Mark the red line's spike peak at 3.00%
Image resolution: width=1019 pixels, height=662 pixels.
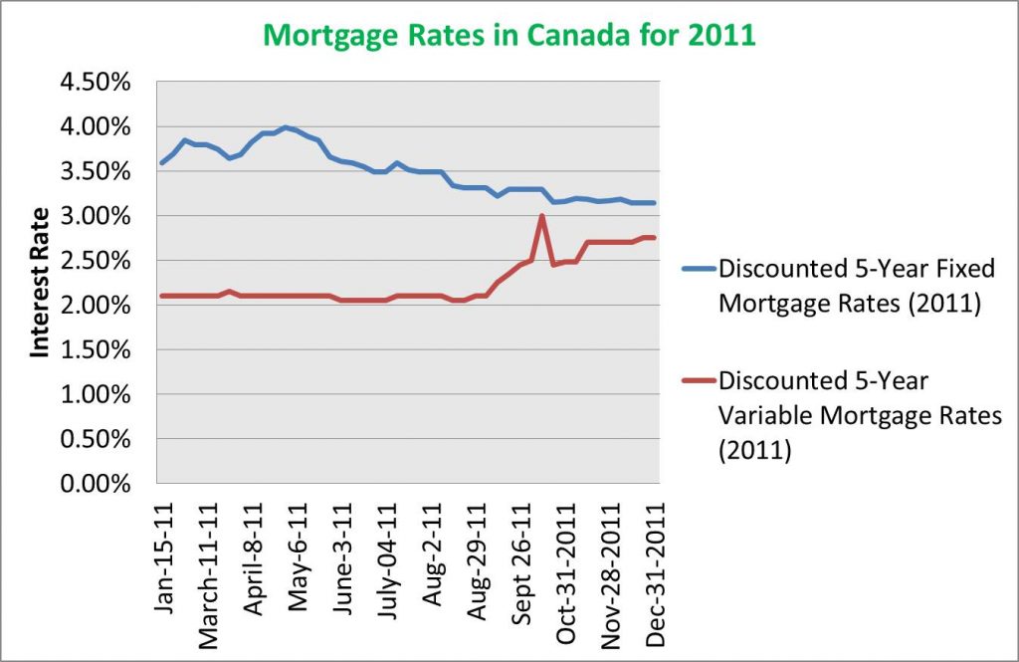coord(541,216)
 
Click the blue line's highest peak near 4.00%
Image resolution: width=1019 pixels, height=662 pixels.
coord(286,127)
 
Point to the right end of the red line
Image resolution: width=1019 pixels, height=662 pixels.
coord(653,237)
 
